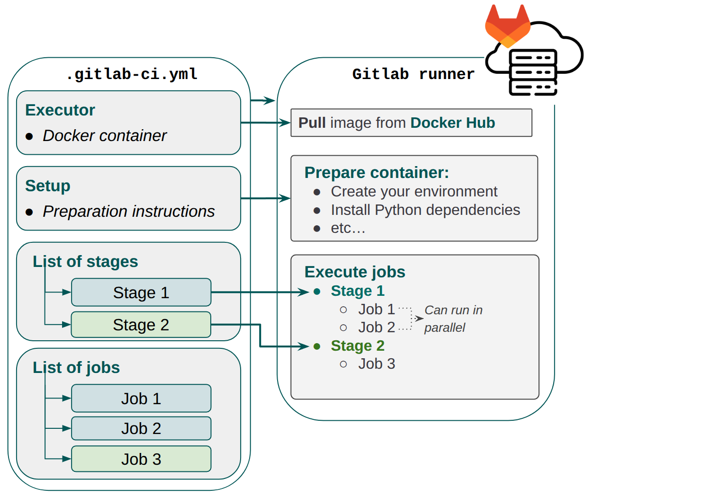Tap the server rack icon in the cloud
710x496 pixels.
(x=533, y=72)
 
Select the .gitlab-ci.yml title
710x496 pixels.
(x=132, y=74)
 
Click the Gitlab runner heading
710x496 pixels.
(x=413, y=74)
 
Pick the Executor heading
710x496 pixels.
(x=60, y=110)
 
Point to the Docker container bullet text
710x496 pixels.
(x=104, y=136)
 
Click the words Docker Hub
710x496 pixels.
(x=452, y=123)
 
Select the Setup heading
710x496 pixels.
(x=48, y=186)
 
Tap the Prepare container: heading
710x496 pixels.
(x=377, y=173)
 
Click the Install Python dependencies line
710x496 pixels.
(x=425, y=210)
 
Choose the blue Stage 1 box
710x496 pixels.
(x=141, y=292)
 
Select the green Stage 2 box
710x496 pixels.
(x=141, y=325)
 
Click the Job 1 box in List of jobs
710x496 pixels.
(x=141, y=399)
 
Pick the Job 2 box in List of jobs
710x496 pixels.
(x=141, y=428)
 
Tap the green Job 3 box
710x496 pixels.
(x=141, y=459)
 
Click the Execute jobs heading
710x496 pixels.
(x=355, y=272)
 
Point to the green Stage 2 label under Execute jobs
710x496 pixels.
(x=357, y=346)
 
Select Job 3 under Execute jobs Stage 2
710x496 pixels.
(x=376, y=364)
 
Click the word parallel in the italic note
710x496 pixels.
(x=444, y=328)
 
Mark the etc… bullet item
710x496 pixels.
(x=348, y=228)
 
